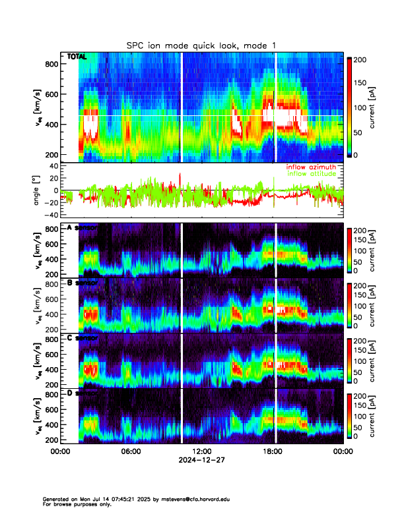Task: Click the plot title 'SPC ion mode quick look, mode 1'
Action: coord(201,45)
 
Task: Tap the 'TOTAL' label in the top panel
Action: coord(77,57)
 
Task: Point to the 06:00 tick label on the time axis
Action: coord(131,451)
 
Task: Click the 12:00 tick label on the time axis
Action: coord(201,451)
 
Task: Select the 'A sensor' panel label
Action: coord(82,228)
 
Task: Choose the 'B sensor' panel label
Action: coord(82,283)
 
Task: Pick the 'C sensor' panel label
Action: coord(82,338)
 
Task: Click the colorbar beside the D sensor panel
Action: coord(349,416)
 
